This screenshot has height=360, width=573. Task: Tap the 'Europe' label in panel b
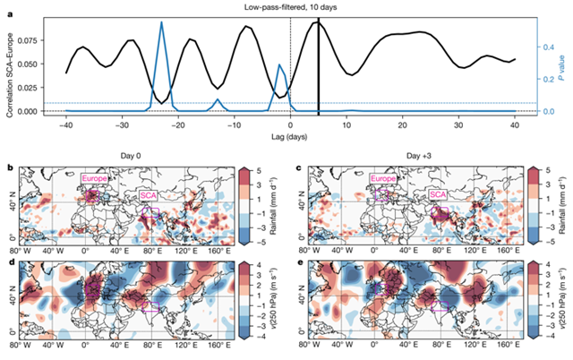(94, 178)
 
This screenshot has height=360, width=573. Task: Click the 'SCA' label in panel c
(438, 194)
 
